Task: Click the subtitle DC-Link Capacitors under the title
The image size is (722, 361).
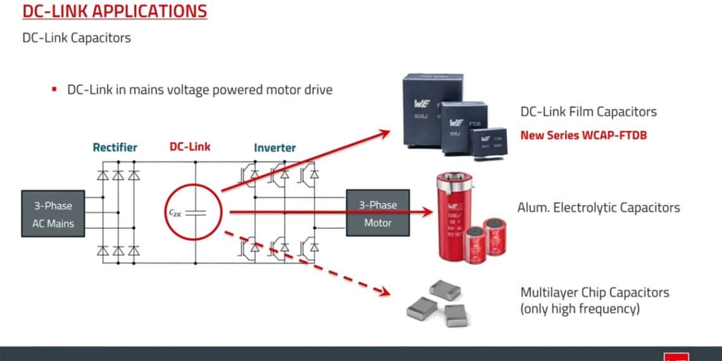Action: pos(77,37)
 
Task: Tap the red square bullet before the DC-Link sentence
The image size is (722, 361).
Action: pos(54,89)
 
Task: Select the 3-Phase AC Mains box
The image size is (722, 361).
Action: pos(53,214)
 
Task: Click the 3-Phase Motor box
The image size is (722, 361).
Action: pos(377,214)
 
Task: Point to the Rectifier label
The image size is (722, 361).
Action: pos(115,147)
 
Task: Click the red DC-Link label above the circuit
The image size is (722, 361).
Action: pos(190,146)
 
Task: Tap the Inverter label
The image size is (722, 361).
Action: pos(275,147)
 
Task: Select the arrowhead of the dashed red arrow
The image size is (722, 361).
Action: pos(383,292)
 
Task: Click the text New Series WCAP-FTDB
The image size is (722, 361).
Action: pos(583,135)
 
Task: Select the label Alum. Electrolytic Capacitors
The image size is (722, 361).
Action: pos(598,207)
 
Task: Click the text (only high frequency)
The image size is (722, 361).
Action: pos(580,309)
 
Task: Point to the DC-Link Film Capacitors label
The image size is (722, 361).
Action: pos(588,111)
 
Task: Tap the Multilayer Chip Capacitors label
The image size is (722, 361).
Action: pos(595,292)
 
